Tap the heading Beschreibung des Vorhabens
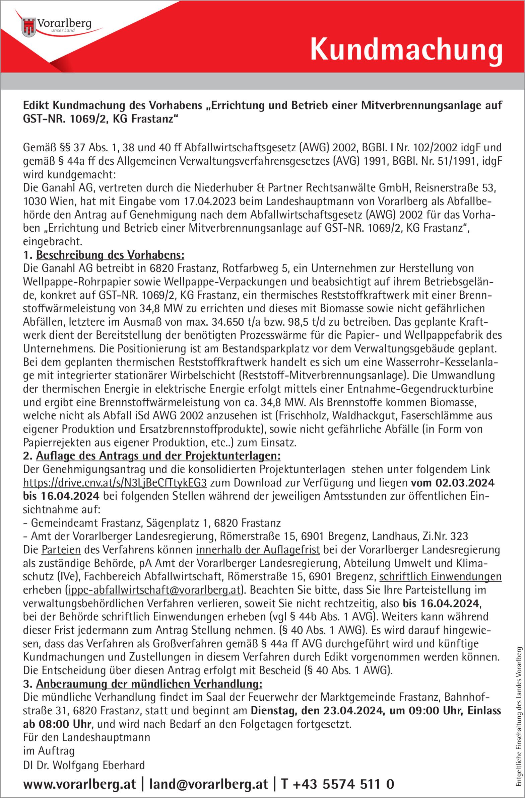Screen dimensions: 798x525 tap(110, 255)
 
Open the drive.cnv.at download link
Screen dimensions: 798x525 tap(115, 483)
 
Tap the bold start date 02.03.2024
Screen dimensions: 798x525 tap(465, 483)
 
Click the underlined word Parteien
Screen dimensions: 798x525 tap(61, 550)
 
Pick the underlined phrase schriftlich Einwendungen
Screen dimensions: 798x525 tap(440, 577)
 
